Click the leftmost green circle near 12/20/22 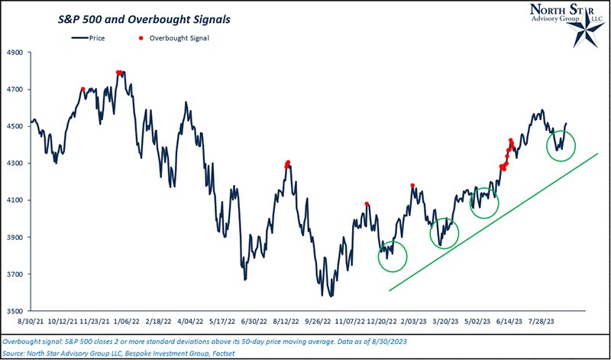coord(393,255)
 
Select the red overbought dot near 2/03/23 coord(412,185)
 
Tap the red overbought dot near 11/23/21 coord(82,89)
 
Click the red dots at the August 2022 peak coord(287,164)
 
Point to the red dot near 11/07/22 coord(367,204)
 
